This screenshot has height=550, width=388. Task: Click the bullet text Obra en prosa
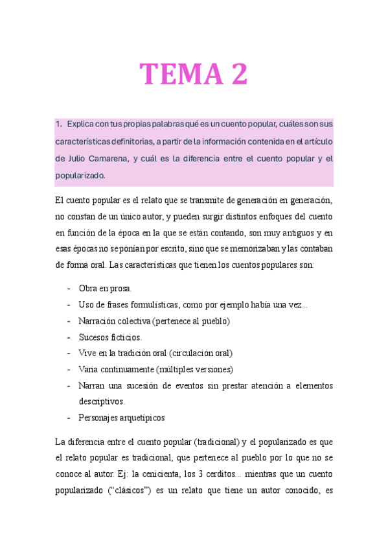click(x=105, y=288)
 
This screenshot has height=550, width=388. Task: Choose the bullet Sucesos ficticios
click(x=110, y=337)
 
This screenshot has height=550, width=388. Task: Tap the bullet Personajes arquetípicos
click(x=122, y=418)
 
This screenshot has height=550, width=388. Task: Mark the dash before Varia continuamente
click(x=69, y=369)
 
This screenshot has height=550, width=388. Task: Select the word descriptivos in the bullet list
click(x=102, y=401)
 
